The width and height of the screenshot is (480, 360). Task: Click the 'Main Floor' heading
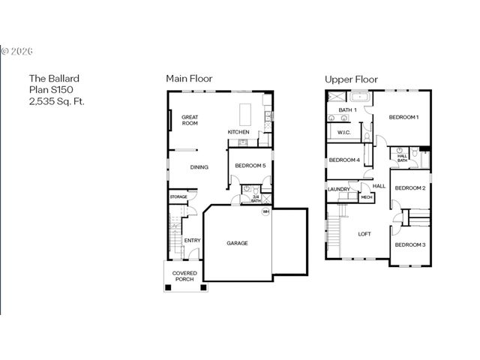pyautogui.click(x=189, y=78)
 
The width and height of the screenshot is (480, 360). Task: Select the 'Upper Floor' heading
pyautogui.click(x=351, y=78)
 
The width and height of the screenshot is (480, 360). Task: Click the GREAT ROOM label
pyautogui.click(x=190, y=119)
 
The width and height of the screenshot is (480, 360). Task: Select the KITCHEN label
pyautogui.click(x=238, y=133)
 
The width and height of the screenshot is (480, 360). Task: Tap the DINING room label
pyautogui.click(x=199, y=167)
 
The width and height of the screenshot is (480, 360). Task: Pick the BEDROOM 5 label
pyautogui.click(x=250, y=166)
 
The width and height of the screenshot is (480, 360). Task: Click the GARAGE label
pyautogui.click(x=237, y=243)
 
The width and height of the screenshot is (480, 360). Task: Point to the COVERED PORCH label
pyautogui.click(x=184, y=276)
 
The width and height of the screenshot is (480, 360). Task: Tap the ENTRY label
pyautogui.click(x=192, y=241)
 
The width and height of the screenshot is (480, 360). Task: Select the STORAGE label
pyautogui.click(x=178, y=196)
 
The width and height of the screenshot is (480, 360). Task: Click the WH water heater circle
pyautogui.click(x=265, y=211)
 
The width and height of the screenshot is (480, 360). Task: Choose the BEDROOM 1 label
pyautogui.click(x=403, y=117)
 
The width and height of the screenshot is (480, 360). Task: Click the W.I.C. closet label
pyautogui.click(x=344, y=133)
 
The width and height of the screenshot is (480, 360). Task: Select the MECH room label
pyautogui.click(x=367, y=197)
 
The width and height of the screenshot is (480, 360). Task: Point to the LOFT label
pyautogui.click(x=364, y=234)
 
